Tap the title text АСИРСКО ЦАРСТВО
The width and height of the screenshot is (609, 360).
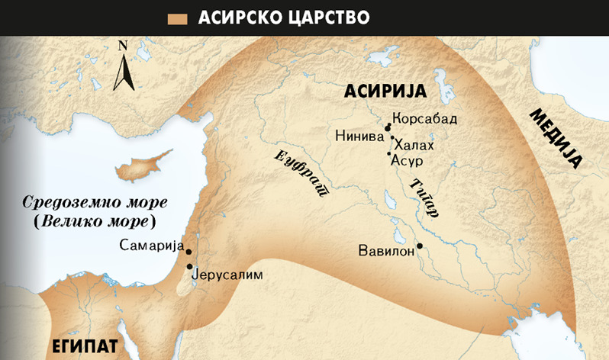tap(284, 18)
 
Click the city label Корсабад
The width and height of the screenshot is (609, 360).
tap(424, 119)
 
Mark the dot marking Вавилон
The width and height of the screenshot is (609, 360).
tap(419, 246)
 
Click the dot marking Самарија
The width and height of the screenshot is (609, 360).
tap(188, 251)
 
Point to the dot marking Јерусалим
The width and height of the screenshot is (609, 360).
tap(189, 266)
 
